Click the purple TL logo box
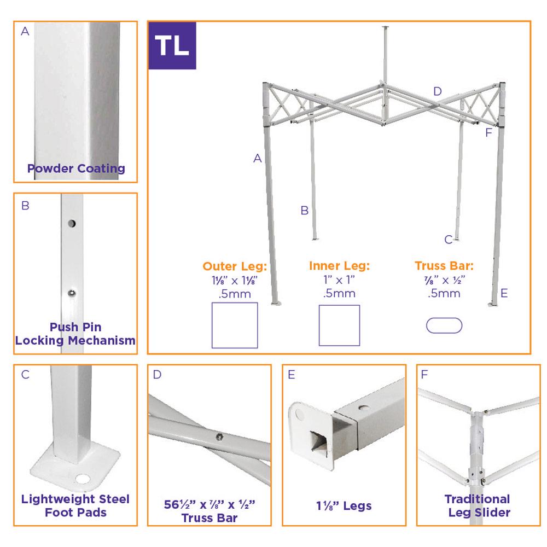coord(172,45)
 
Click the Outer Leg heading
coord(235,266)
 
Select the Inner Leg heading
coord(339,266)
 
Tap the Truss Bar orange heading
coord(444,266)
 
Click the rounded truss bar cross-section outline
coord(444,318)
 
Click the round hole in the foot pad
coord(83,479)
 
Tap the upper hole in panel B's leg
coord(72,223)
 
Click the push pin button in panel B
coord(72,293)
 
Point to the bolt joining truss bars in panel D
coord(219,436)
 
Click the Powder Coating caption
coord(76,168)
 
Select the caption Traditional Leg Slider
coord(478,505)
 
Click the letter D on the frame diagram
coord(438,91)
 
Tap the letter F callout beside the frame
coord(488,132)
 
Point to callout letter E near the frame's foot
coord(504,293)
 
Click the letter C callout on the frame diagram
coord(449,240)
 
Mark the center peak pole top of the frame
coord(386,27)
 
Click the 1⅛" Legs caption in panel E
coord(344,506)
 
